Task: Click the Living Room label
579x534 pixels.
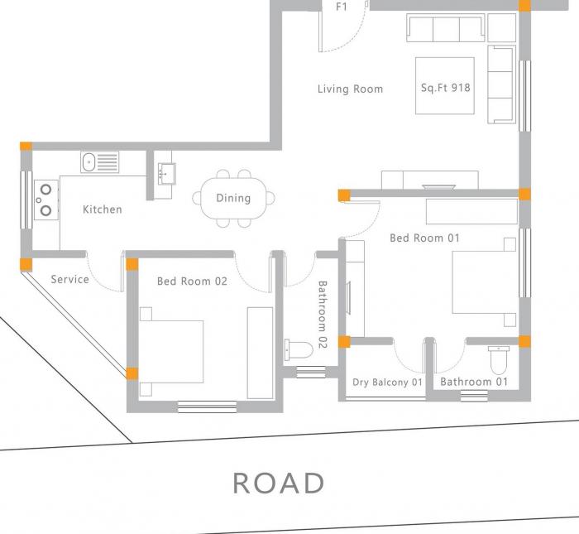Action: [x=350, y=89]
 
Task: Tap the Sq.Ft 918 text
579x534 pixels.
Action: [x=446, y=86]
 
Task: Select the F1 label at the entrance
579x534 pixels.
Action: [x=341, y=7]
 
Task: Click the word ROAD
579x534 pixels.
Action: [x=278, y=483]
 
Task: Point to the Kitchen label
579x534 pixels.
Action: [x=102, y=209]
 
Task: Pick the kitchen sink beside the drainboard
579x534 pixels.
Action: [x=89, y=161]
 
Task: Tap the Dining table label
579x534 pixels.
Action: [x=233, y=198]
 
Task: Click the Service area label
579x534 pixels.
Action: [x=69, y=279]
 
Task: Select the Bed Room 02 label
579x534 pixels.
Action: [x=192, y=281]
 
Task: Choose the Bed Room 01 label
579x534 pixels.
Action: [x=424, y=238]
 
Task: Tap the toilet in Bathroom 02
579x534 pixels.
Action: [x=298, y=349]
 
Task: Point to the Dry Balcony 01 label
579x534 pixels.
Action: [x=387, y=382]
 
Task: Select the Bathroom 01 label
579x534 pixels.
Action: [x=473, y=382]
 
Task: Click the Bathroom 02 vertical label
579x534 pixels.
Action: [x=323, y=315]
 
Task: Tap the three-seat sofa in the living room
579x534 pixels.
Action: [x=445, y=29]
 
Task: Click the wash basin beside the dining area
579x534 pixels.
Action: [x=165, y=174]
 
